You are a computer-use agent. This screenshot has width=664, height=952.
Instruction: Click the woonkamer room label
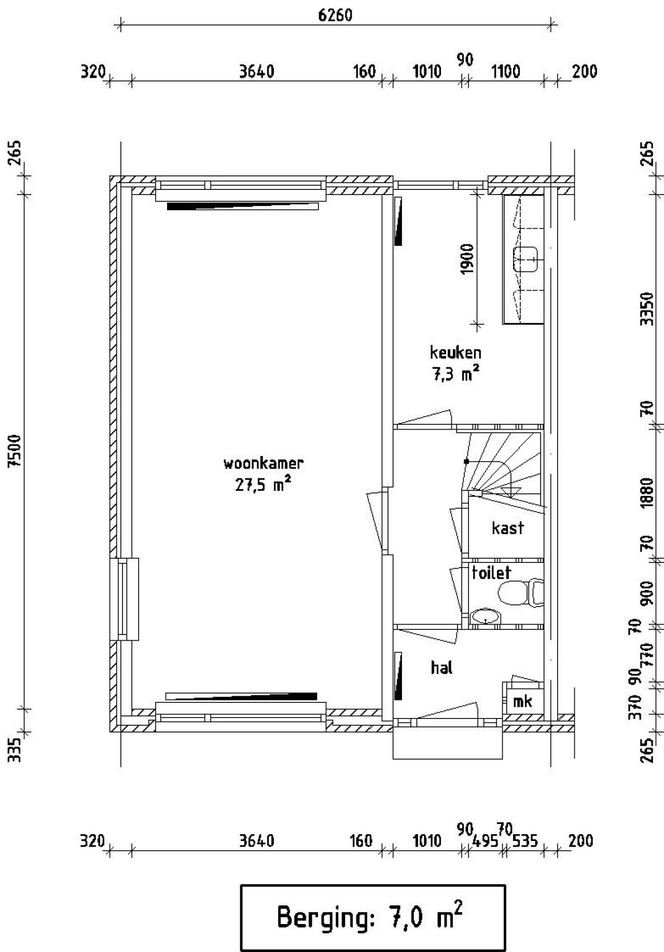tap(263, 463)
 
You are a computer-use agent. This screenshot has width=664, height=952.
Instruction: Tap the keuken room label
tap(455, 353)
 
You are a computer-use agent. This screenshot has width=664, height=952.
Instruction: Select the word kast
tap(508, 528)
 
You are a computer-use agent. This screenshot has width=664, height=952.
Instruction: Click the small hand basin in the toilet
tap(486, 617)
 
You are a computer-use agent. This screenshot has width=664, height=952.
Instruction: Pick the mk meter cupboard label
tap(522, 701)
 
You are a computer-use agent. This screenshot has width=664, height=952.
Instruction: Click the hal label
tap(441, 667)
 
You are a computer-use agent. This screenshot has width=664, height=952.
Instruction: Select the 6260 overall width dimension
tap(335, 15)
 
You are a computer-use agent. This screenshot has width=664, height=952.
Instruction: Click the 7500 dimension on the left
tap(16, 451)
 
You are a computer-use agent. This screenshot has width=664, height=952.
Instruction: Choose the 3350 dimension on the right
tap(646, 308)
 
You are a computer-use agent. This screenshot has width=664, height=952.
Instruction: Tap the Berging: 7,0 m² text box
tap(372, 917)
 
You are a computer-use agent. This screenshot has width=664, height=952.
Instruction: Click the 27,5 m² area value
tap(263, 485)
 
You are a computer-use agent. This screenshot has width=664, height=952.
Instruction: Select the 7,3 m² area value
tap(455, 374)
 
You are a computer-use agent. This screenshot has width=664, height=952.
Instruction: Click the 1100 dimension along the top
tap(506, 72)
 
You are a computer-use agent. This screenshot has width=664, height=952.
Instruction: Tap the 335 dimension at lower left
tap(16, 750)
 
